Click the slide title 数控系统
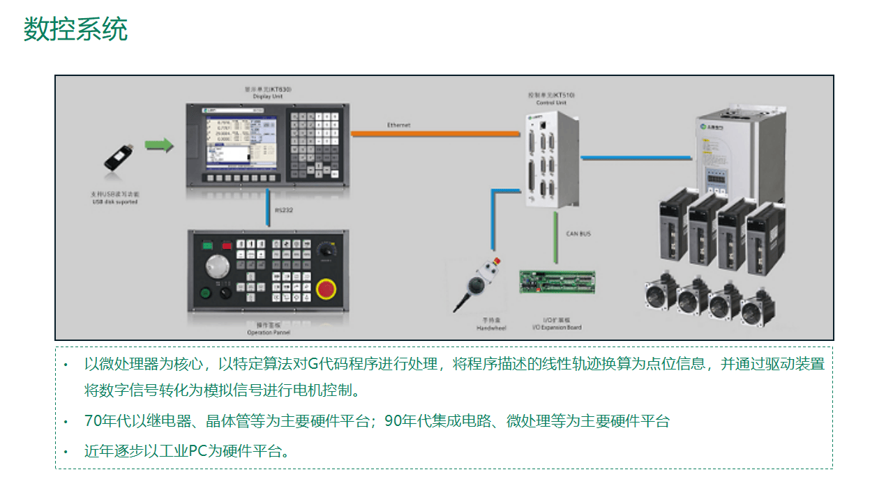[x=75, y=30]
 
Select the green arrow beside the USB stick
[x=159, y=145]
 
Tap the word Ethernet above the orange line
[x=399, y=125]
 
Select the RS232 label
[x=283, y=208]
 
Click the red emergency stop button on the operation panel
[x=325, y=288]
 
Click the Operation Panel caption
[x=268, y=329]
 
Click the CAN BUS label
[x=579, y=234]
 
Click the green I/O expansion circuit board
[x=557, y=282]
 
